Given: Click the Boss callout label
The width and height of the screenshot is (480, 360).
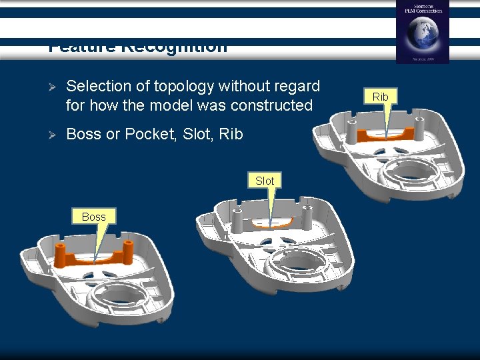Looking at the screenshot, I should (93, 217).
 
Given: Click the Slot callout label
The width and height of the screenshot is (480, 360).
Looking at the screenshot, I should (265, 181).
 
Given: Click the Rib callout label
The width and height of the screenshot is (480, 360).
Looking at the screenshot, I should (380, 97).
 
